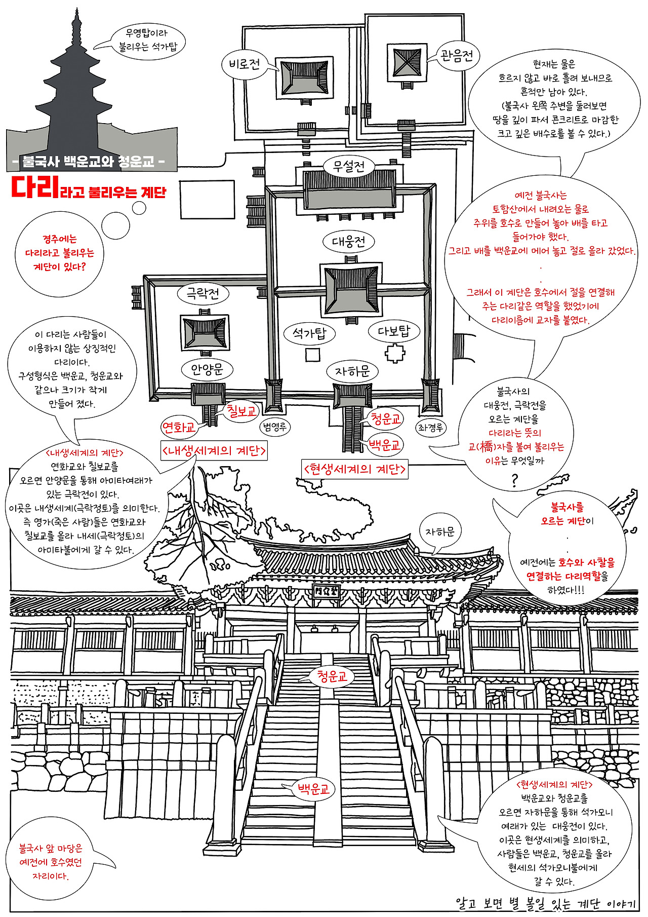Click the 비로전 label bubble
click(x=245, y=64)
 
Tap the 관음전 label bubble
click(x=456, y=55)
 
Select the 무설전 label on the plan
click(x=349, y=166)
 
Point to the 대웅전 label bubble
click(x=348, y=242)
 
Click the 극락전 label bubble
click(x=203, y=293)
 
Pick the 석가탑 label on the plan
click(x=310, y=333)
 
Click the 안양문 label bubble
click(x=207, y=370)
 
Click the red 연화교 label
click(x=179, y=428)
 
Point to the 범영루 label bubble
click(x=275, y=427)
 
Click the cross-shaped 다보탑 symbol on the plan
click(x=395, y=353)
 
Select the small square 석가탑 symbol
click(x=312, y=355)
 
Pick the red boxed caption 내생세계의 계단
click(x=214, y=451)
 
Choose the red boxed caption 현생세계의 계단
click(x=354, y=469)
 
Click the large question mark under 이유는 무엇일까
click(x=515, y=480)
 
